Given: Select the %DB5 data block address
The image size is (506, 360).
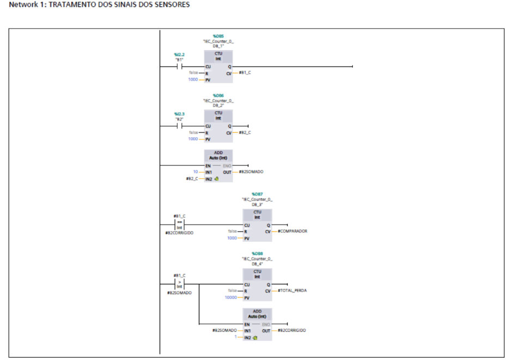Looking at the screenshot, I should (x=218, y=36).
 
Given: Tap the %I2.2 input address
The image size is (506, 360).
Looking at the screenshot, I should (x=179, y=54).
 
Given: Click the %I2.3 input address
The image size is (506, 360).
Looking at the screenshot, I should (x=179, y=114).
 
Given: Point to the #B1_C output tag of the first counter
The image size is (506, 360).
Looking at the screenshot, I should (x=245, y=73).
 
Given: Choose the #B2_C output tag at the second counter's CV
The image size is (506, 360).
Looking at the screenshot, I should (x=245, y=132).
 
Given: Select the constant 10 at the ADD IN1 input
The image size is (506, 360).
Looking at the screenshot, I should (x=202, y=172).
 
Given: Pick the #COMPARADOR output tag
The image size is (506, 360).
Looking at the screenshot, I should (x=292, y=231).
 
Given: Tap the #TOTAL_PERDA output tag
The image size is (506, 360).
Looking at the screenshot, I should (x=292, y=291).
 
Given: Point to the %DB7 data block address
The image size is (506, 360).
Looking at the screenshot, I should (x=257, y=194).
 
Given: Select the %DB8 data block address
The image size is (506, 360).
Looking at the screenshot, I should (x=257, y=254).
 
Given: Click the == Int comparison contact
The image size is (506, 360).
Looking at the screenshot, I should (x=179, y=224).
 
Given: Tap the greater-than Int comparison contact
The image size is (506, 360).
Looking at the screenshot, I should (x=179, y=284).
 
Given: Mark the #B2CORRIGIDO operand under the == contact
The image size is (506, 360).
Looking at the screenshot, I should (x=179, y=233).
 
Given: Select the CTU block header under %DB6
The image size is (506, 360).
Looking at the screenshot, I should (x=218, y=115).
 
